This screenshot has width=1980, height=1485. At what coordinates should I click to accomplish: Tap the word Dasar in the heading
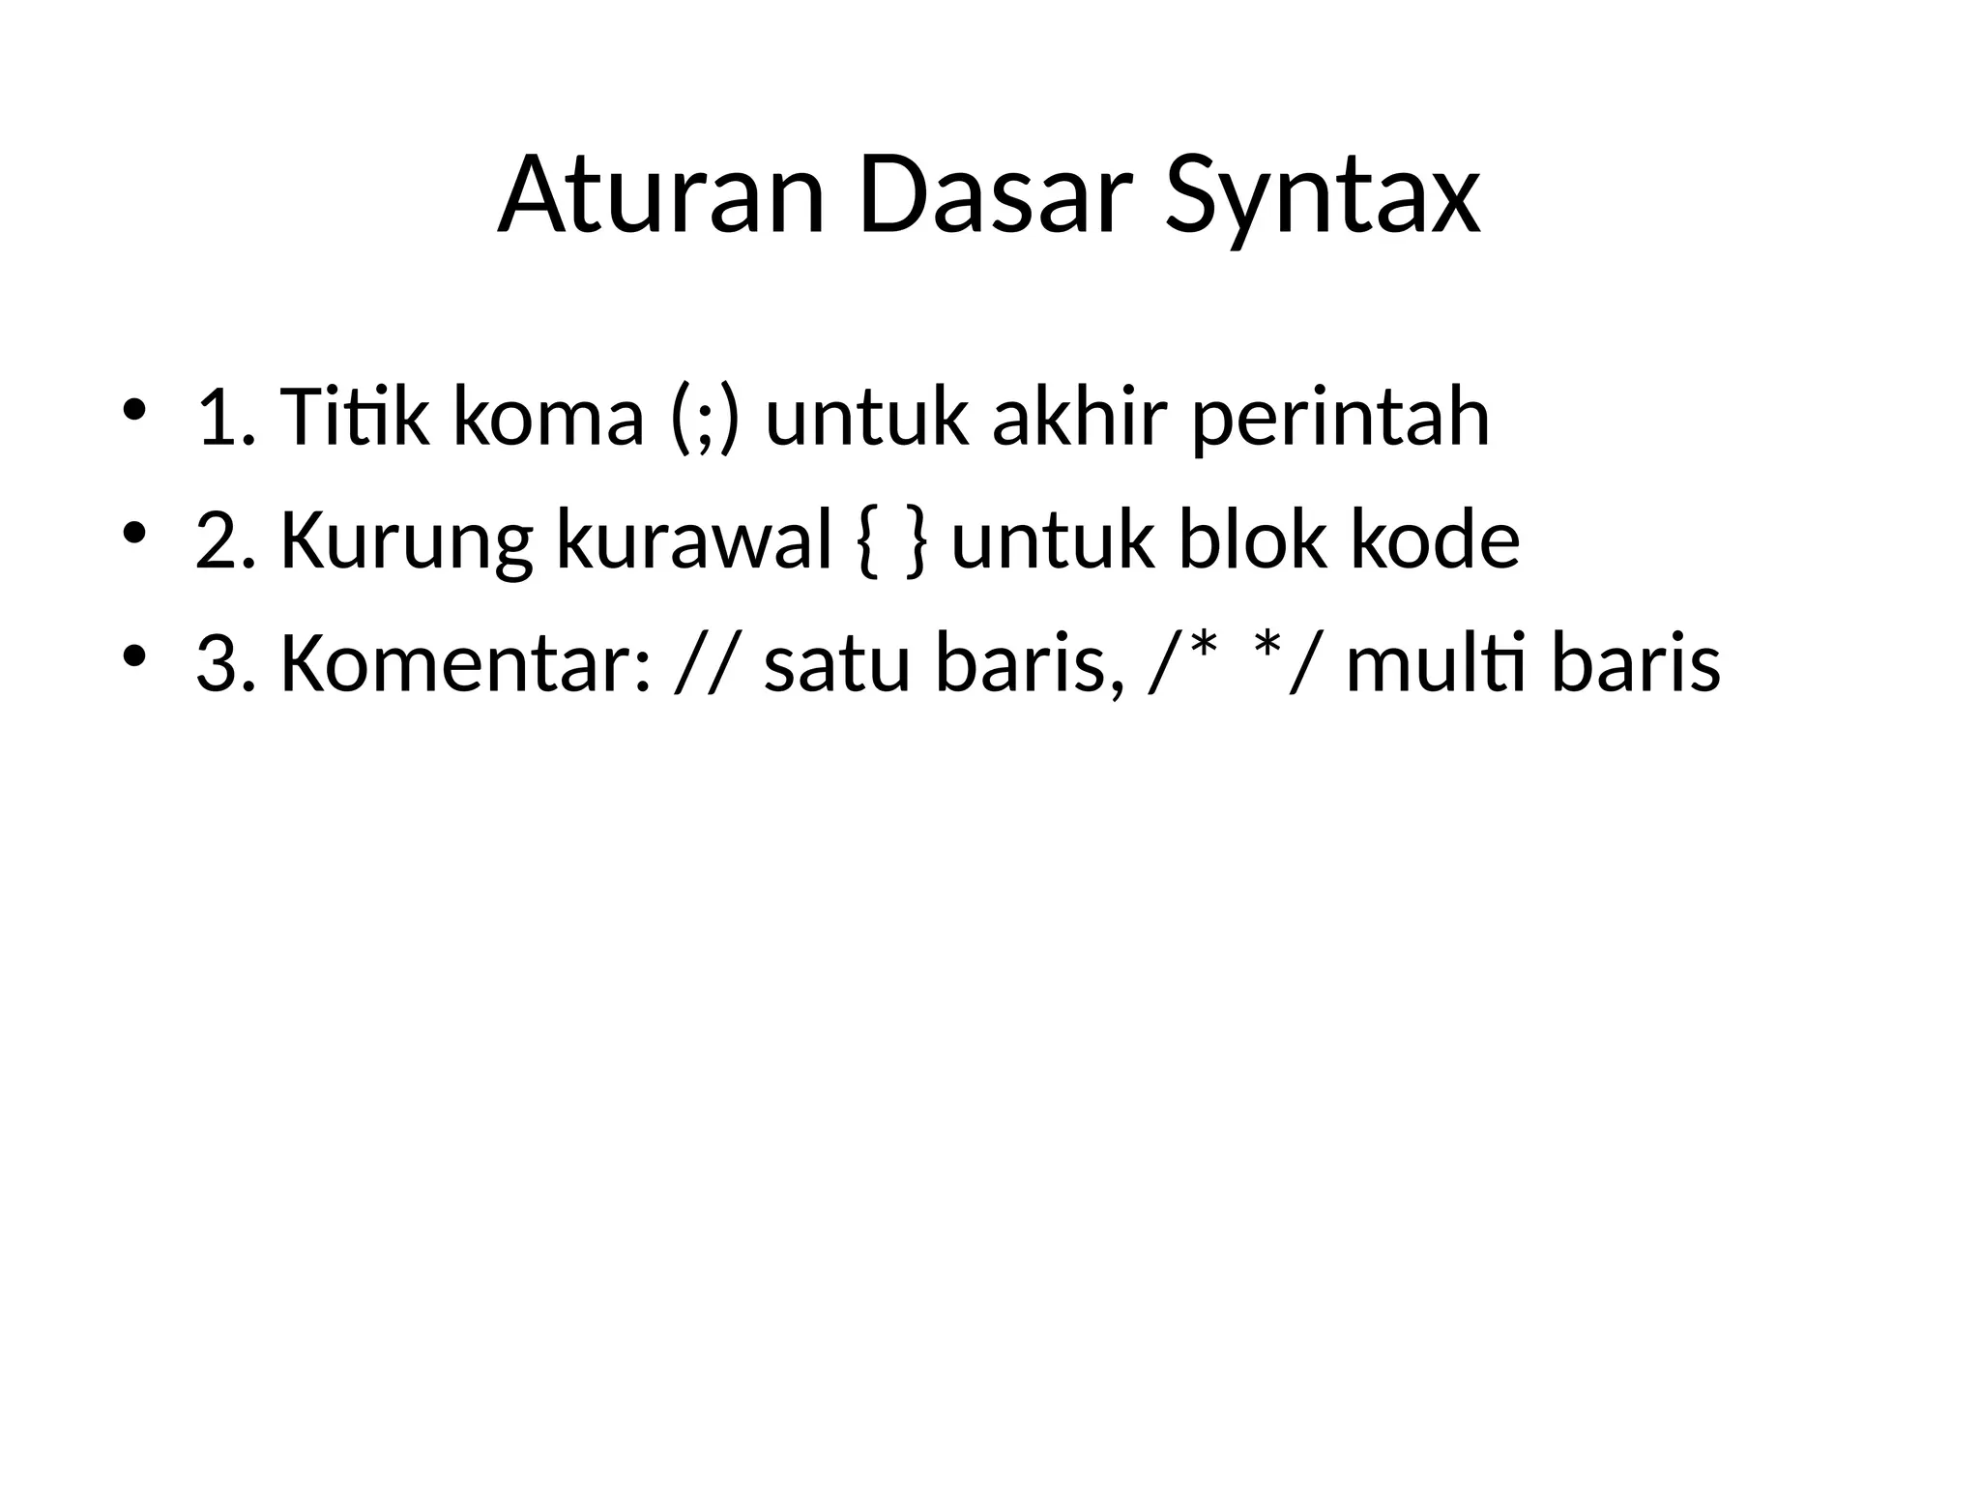[995, 197]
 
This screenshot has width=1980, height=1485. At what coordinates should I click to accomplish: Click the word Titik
[354, 418]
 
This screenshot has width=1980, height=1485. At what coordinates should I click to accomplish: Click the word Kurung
[406, 541]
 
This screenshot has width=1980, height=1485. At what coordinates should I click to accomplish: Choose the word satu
[837, 665]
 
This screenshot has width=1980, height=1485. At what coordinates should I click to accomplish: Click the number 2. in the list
[225, 541]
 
